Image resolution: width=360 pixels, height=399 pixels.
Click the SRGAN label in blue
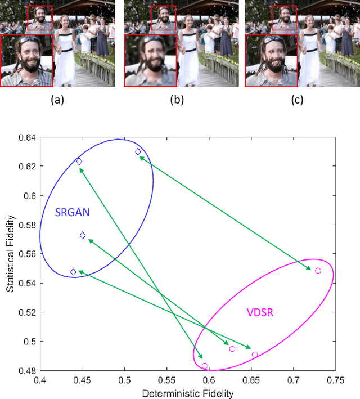[73, 213]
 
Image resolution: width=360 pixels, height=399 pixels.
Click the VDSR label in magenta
[260, 312]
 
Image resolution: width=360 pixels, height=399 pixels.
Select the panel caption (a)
[57, 101]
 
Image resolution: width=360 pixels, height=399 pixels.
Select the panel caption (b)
[180, 101]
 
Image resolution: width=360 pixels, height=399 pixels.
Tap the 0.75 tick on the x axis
[336, 380]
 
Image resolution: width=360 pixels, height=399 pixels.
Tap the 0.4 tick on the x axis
[40, 380]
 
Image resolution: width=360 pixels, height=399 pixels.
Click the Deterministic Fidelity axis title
[187, 393]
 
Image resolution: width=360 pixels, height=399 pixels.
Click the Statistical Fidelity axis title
[10, 254]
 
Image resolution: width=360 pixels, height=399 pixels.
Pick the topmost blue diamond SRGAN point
[138, 152]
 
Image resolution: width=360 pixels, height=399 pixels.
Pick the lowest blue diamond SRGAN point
[73, 272]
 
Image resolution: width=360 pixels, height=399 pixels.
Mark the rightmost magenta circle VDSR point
[318, 271]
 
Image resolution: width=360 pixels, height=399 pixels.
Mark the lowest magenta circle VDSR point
[205, 366]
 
